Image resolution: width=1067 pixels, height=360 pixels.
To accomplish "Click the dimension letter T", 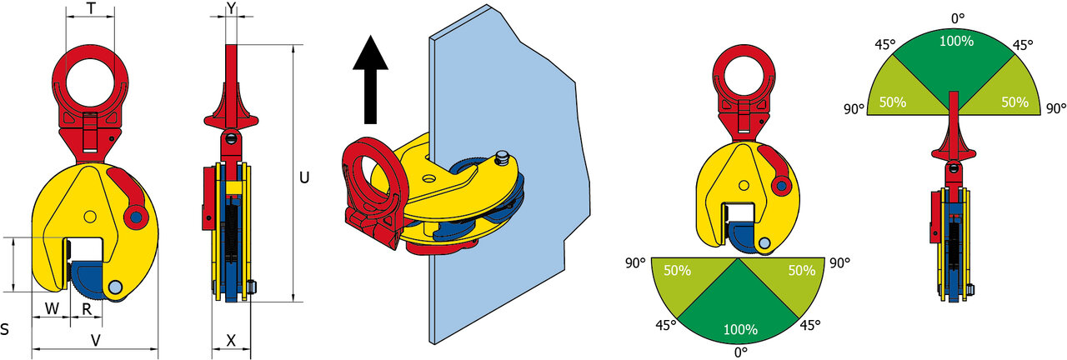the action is (91, 7).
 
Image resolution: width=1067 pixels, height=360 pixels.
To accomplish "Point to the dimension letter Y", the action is (232, 7).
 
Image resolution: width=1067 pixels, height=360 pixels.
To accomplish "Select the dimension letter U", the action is (304, 177).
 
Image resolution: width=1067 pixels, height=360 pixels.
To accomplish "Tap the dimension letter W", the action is (52, 308).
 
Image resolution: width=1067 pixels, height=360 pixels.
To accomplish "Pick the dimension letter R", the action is (87, 309).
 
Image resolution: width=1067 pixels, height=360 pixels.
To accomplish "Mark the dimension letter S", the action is (5, 329).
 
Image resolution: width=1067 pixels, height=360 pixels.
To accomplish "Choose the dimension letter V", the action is (96, 341).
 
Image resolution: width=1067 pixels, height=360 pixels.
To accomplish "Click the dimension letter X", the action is (231, 341).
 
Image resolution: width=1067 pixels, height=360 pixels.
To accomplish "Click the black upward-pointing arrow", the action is (370, 79).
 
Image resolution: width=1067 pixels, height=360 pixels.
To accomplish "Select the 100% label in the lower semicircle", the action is (740, 329).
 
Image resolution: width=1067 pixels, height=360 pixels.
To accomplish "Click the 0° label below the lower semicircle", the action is (741, 352).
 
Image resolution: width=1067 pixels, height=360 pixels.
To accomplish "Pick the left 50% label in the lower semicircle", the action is (678, 271).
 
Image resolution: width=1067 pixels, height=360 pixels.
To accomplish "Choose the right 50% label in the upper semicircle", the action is (1014, 102).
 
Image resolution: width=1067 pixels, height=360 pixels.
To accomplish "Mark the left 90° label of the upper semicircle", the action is (854, 109).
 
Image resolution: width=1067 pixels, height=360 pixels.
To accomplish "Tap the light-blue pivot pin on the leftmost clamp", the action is (115, 287).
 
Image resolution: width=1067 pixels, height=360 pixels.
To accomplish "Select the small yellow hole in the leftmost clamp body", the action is (89, 217).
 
